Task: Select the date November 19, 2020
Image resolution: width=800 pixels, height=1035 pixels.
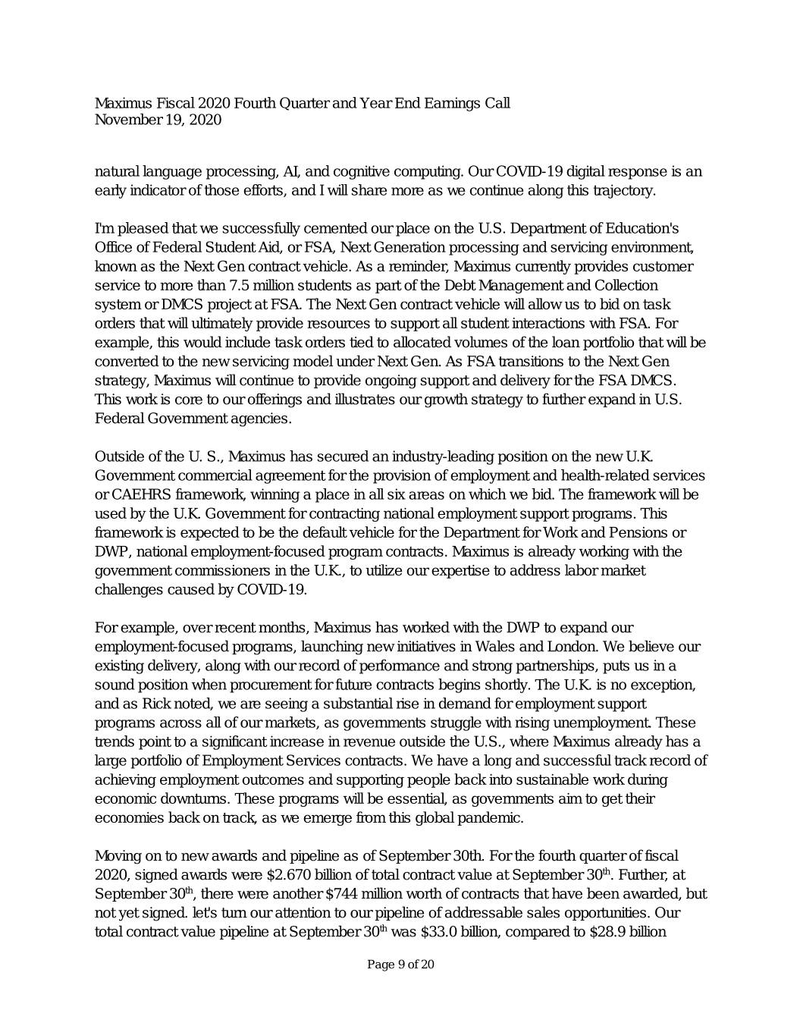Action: pyautogui.click(x=158, y=120)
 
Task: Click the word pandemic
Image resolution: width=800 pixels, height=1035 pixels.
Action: pyautogui.click(x=490, y=818)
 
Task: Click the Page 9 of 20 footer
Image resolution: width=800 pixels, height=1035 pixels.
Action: pyautogui.click(x=400, y=964)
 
